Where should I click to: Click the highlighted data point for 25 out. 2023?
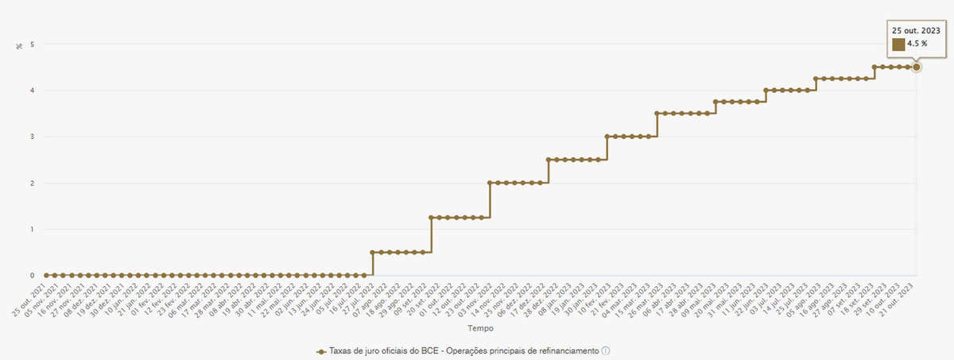coord(917,67)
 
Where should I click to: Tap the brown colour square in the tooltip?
coord(898,45)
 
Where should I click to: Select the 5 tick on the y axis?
coord(33,45)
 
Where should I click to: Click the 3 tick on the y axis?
coord(33,137)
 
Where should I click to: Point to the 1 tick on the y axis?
coord(33,230)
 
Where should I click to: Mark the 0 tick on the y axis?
coord(33,276)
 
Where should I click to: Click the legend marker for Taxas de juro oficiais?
coord(321,350)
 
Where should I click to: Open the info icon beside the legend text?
coord(606,350)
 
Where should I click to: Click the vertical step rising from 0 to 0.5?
coord(373,264)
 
